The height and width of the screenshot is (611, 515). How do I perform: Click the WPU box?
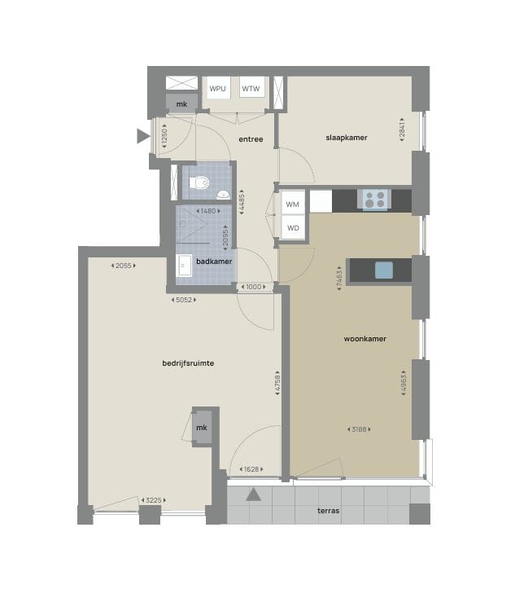[x=217, y=88]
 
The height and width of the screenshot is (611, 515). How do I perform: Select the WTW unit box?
[x=251, y=88]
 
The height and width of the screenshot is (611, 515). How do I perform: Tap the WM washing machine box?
[x=292, y=203]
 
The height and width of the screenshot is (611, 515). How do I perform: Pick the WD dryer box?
[x=293, y=227]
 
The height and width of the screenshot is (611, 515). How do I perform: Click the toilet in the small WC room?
[x=199, y=182]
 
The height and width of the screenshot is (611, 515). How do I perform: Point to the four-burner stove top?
[x=376, y=199]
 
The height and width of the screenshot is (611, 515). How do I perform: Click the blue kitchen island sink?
[x=384, y=270]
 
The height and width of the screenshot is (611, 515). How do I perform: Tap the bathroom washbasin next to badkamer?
[x=184, y=266]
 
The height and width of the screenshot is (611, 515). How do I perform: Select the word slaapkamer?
[x=347, y=138]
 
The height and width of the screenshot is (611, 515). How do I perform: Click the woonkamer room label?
[x=364, y=339]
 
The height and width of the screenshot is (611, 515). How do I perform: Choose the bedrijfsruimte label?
[x=188, y=363]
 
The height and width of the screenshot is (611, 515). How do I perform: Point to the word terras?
[x=328, y=511]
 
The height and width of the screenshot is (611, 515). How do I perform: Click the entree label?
[x=251, y=139]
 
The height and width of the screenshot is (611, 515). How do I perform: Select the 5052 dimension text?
[x=184, y=300]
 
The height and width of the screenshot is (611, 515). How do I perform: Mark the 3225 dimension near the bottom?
[x=154, y=500]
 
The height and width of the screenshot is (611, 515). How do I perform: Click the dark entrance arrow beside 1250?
[x=143, y=136]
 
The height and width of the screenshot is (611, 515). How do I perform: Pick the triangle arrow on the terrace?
[x=253, y=495]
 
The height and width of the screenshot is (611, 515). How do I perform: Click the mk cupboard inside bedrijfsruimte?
[x=202, y=428]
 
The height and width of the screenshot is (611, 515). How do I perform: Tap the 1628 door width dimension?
[x=251, y=469]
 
